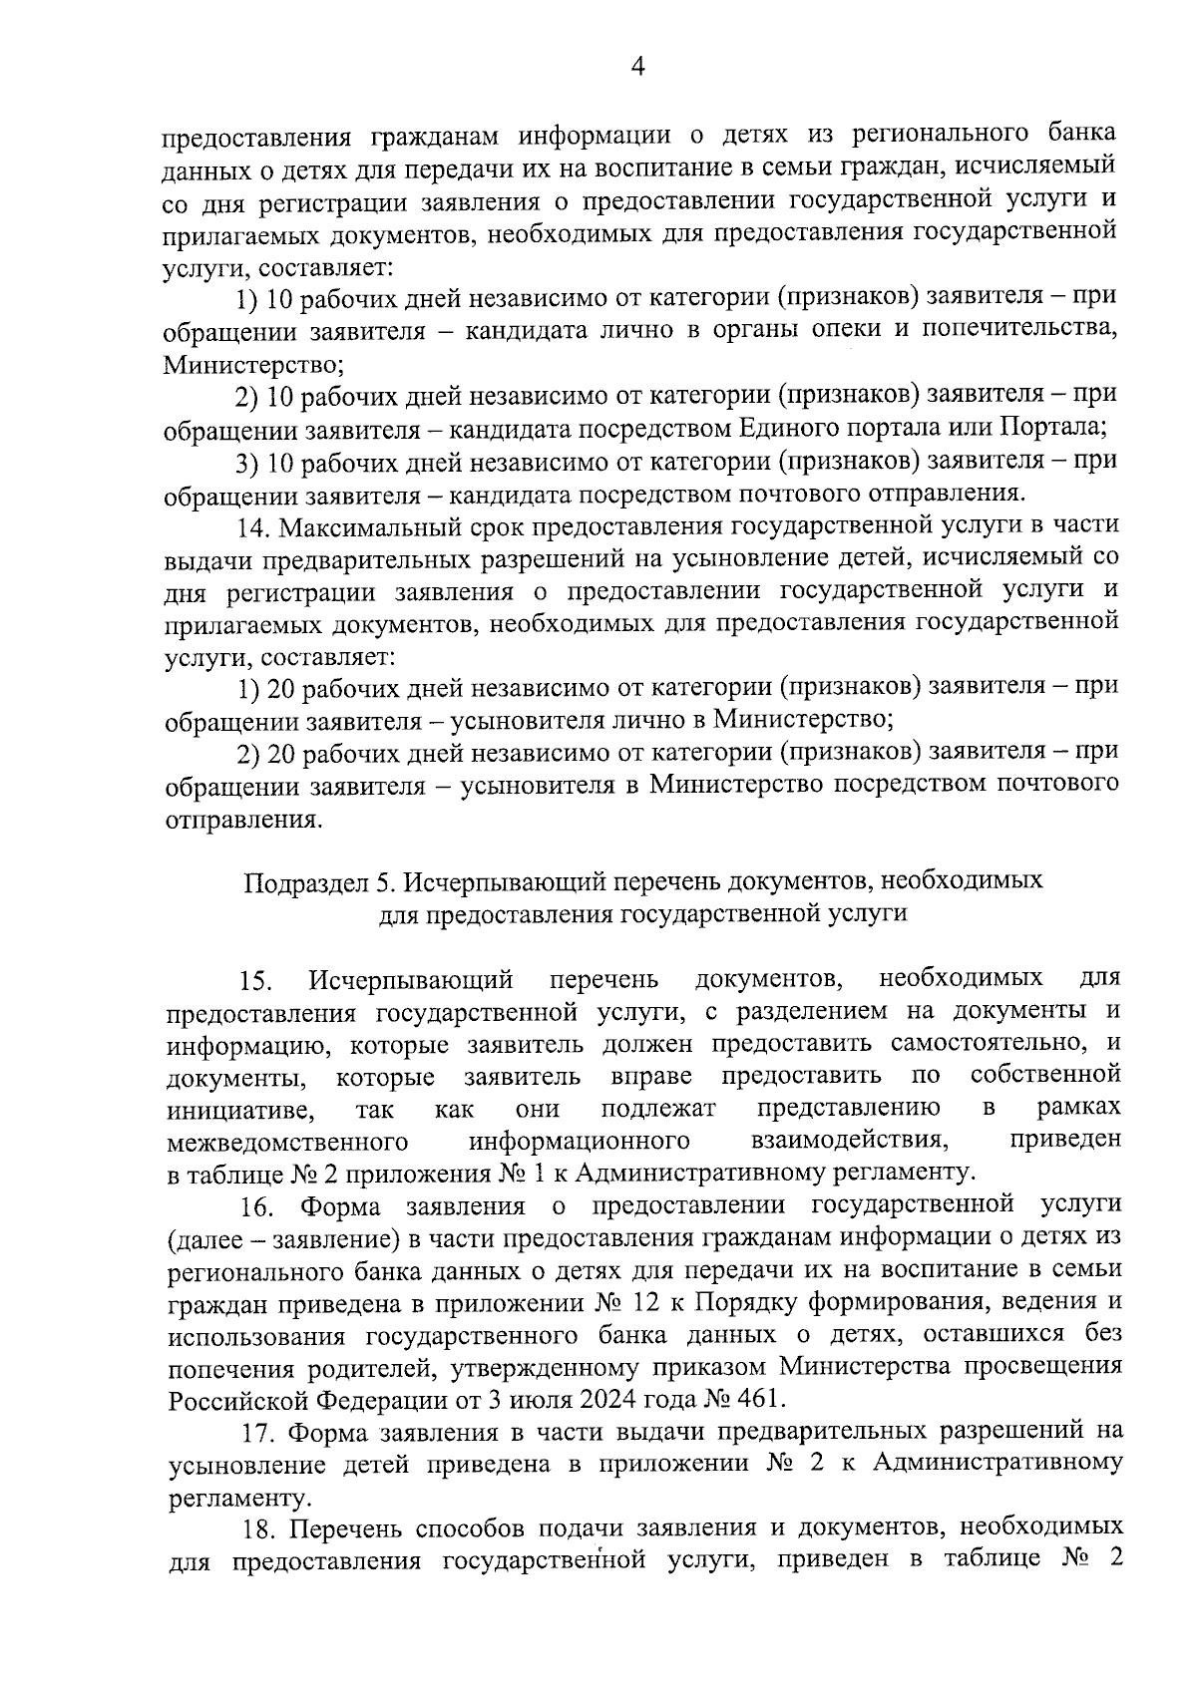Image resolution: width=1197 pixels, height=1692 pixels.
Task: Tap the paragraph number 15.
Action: [255, 981]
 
